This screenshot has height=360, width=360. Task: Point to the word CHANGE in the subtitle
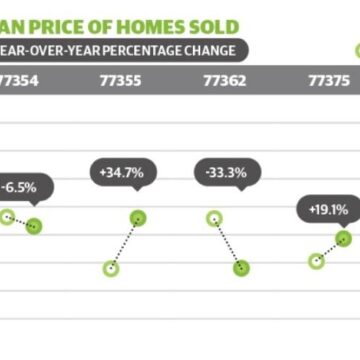point(216,49)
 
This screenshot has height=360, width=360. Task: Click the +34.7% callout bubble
point(122,173)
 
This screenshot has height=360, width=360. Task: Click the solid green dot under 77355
point(138,218)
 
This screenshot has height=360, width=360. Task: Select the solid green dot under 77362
point(241,267)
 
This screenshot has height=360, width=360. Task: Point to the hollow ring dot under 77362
point(213,218)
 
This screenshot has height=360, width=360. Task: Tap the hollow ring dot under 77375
point(317,261)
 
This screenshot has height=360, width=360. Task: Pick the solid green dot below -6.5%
point(34,225)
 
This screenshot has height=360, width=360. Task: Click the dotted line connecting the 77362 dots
point(227,243)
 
